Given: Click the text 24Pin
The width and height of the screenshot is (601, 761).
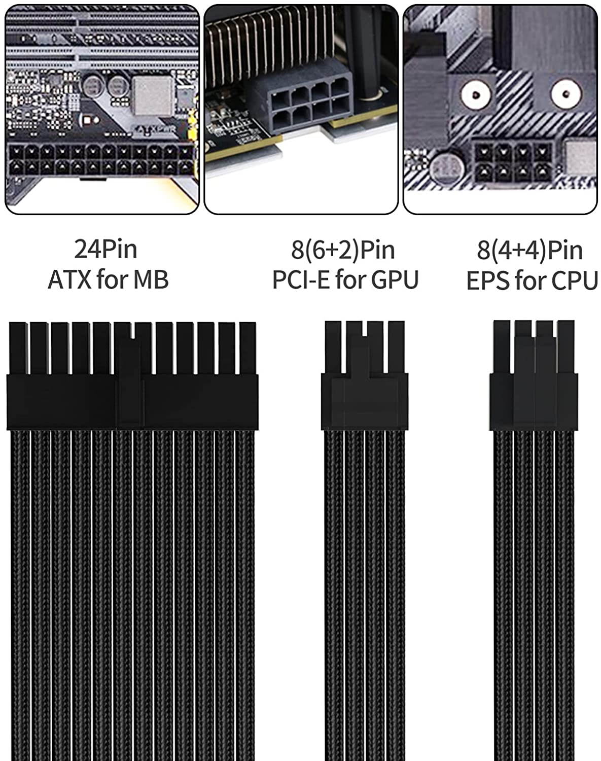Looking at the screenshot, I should [x=105, y=249].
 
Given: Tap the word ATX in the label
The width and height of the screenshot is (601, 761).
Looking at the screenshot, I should [x=69, y=280].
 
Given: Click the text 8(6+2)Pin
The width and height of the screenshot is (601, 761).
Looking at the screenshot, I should [x=343, y=250].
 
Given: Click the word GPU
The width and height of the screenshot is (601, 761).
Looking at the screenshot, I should [x=395, y=280].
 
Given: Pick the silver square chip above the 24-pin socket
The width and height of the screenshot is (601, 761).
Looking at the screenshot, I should [x=152, y=95].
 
